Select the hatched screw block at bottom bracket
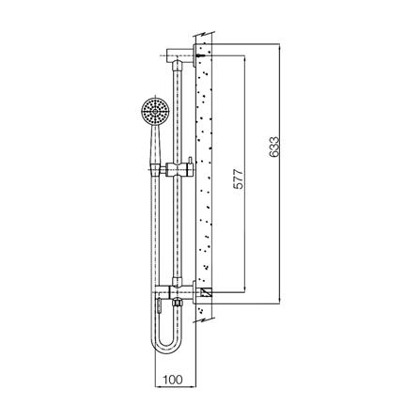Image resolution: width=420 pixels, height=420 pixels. (x=202, y=294)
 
